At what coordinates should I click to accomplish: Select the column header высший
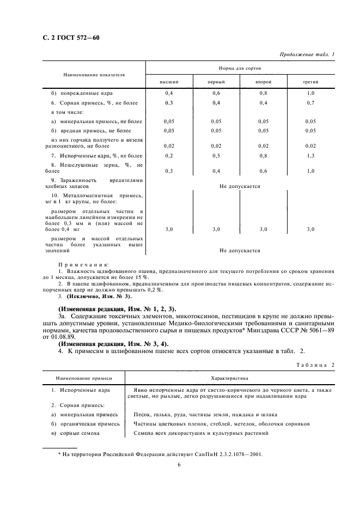(x=169, y=82)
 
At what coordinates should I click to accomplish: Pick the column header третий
(x=310, y=82)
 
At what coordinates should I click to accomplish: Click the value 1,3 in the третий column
(x=310, y=156)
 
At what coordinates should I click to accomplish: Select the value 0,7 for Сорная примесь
(x=310, y=103)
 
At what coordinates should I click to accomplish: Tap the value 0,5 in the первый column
(x=216, y=156)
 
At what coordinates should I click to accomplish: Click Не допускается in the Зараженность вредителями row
(x=240, y=186)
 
